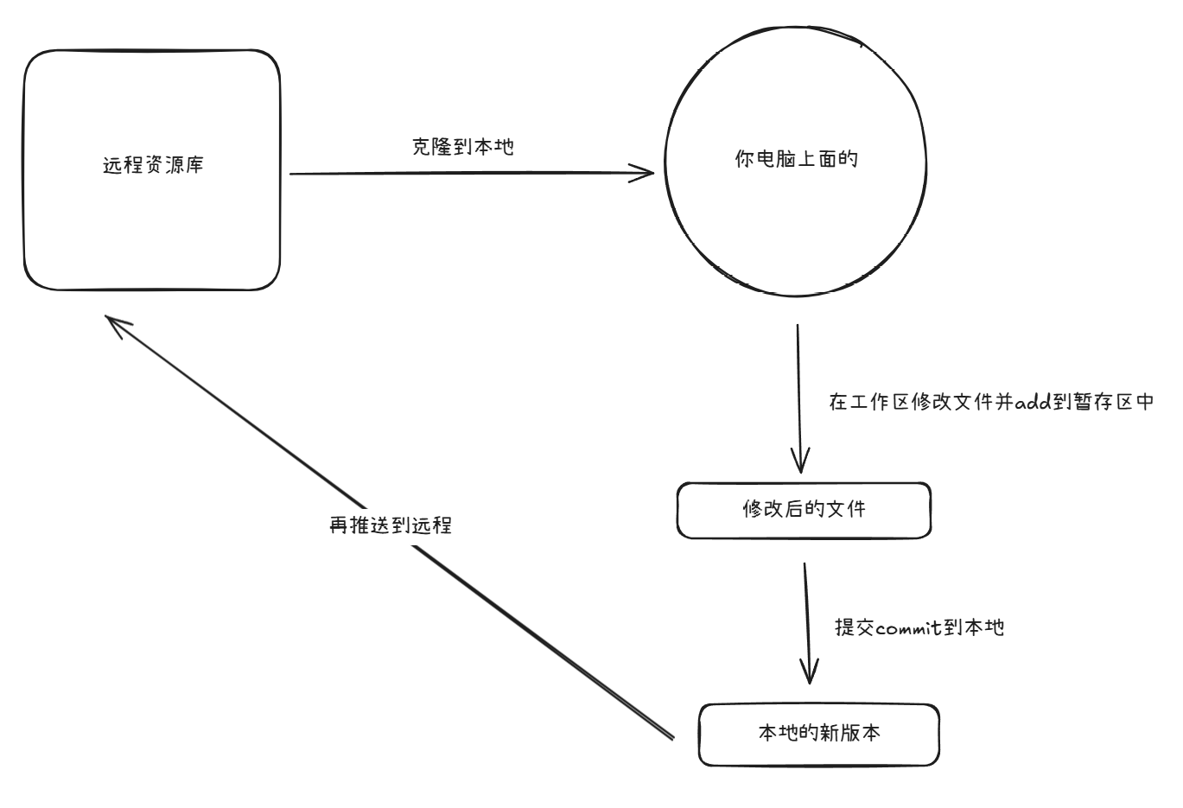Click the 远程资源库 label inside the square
[153, 165]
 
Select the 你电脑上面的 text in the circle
[796, 159]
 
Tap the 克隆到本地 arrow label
[462, 147]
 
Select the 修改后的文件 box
[804, 510]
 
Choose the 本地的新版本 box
[818, 734]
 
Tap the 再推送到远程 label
[391, 525]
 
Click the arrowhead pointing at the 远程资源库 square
[117, 324]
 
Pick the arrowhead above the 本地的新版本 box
[809, 671]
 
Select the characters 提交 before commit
[855, 628]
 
